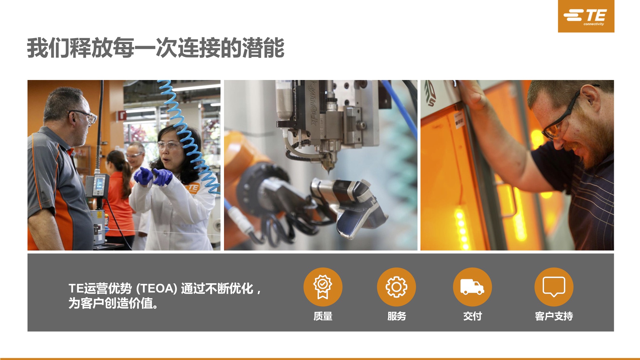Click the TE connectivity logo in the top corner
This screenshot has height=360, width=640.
pyautogui.click(x=586, y=16)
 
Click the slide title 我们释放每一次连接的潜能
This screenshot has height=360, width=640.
pyautogui.click(x=156, y=48)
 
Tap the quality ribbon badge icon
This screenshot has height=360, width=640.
pyautogui.click(x=323, y=287)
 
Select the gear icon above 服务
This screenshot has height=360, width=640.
pyautogui.click(x=396, y=287)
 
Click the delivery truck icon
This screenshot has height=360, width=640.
pyautogui.click(x=472, y=287)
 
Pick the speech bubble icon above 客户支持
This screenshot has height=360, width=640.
pyautogui.click(x=554, y=287)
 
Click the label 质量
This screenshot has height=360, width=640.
pyautogui.click(x=323, y=316)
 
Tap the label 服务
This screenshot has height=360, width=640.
pyautogui.click(x=396, y=316)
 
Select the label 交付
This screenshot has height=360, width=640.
pyautogui.click(x=473, y=316)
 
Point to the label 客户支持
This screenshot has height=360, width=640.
pyautogui.click(x=554, y=316)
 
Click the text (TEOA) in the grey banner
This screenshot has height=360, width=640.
pyautogui.click(x=157, y=289)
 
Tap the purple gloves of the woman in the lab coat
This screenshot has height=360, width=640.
pyautogui.click(x=153, y=176)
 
